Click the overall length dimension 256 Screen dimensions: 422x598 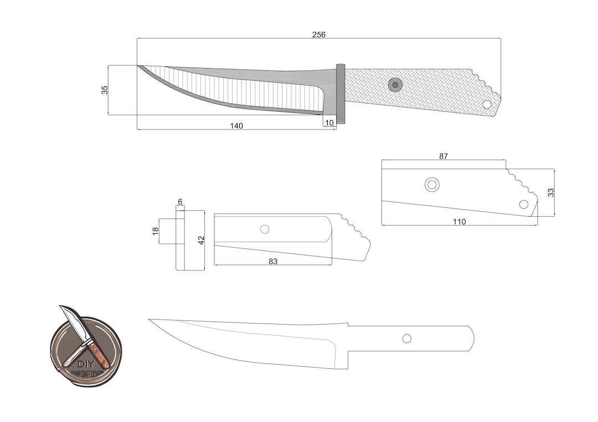click(x=319, y=34)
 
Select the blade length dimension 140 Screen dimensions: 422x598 click(x=236, y=126)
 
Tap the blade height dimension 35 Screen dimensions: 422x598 click(x=105, y=90)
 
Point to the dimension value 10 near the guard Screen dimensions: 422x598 click(x=329, y=123)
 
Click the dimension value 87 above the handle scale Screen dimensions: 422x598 click(x=444, y=156)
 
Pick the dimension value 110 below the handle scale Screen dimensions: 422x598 click(x=459, y=221)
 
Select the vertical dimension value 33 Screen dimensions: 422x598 click(x=550, y=192)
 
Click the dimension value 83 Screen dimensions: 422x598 click(x=273, y=261)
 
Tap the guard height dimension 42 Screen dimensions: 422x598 click(x=201, y=240)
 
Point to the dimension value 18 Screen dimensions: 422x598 click(x=156, y=231)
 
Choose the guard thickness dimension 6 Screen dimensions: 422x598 click(x=180, y=202)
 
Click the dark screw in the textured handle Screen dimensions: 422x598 click(x=395, y=85)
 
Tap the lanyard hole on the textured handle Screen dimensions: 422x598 click(x=487, y=104)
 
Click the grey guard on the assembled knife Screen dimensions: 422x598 click(x=341, y=94)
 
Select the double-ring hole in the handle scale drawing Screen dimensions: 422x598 click(x=432, y=185)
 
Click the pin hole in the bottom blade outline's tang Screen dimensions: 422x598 click(x=407, y=338)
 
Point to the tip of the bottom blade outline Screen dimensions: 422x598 click(x=150, y=320)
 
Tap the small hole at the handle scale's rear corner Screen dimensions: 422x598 click(x=524, y=204)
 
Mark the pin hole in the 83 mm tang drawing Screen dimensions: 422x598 click(x=265, y=229)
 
